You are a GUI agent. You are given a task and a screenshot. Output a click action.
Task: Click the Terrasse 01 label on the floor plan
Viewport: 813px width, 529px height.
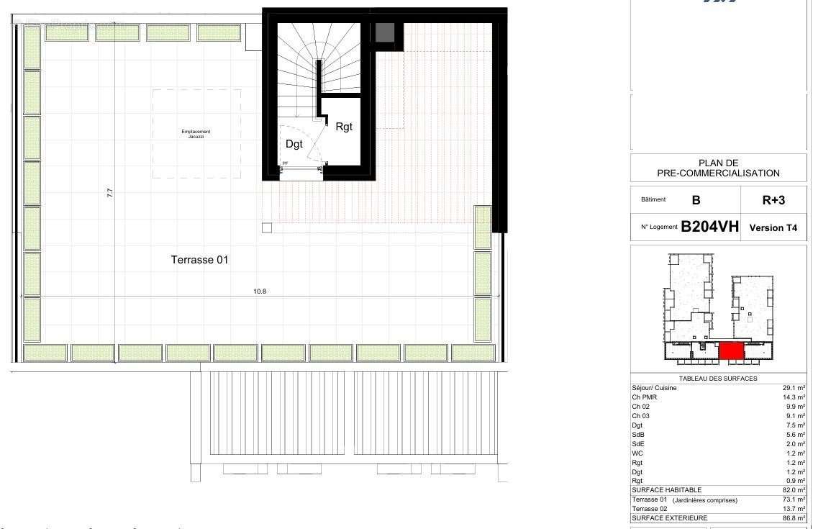click(x=199, y=260)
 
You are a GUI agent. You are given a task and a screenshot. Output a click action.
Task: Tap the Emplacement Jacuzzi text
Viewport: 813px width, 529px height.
click(x=196, y=134)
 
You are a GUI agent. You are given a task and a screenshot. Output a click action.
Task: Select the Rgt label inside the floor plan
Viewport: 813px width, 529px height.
click(x=344, y=127)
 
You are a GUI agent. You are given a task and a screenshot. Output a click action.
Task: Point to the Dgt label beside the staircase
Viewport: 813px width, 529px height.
click(x=295, y=144)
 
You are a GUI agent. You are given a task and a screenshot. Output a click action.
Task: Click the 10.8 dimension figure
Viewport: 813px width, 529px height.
click(x=260, y=291)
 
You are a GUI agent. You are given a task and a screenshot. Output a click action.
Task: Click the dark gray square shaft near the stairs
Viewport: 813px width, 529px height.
click(x=385, y=32)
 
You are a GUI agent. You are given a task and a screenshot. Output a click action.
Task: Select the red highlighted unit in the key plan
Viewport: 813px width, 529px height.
click(x=731, y=351)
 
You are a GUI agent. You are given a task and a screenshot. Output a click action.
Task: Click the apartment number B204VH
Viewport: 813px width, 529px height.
click(x=709, y=227)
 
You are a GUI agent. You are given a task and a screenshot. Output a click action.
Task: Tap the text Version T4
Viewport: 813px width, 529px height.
click(x=773, y=228)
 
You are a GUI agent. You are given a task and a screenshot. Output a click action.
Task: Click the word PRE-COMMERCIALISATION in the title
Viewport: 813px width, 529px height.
click(x=718, y=173)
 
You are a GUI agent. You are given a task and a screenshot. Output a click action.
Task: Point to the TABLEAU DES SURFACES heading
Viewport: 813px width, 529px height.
click(x=718, y=379)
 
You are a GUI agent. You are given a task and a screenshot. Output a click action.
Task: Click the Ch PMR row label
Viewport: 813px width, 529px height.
click(x=645, y=397)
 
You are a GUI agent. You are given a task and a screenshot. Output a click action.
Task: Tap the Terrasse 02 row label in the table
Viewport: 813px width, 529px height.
click(x=649, y=509)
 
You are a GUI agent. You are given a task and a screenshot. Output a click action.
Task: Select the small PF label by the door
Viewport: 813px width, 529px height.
click(x=285, y=164)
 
